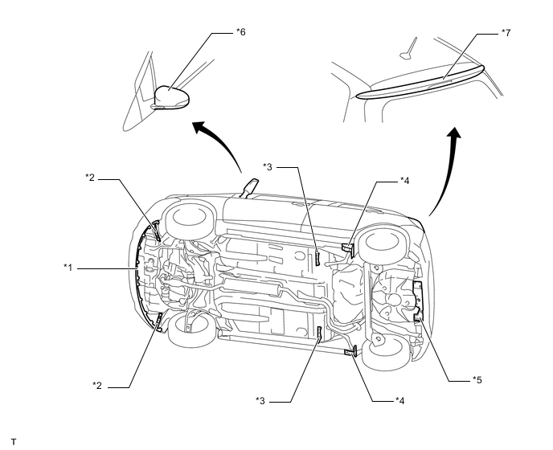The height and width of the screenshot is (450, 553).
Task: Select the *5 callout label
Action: click(477, 378)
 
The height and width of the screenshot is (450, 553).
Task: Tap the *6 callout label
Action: click(240, 32)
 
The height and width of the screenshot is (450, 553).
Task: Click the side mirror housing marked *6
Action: click(170, 96)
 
